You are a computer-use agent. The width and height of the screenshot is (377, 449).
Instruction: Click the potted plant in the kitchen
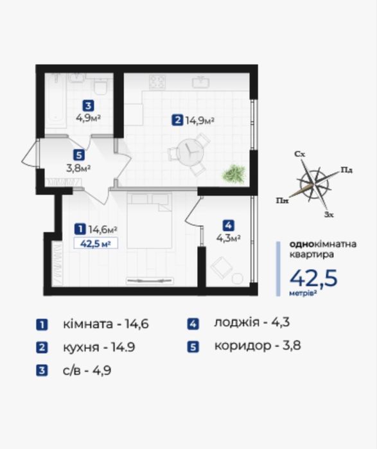[234, 174]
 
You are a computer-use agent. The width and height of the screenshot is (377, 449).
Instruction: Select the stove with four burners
[157, 82]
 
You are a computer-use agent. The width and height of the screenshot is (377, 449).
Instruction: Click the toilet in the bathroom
[100, 86]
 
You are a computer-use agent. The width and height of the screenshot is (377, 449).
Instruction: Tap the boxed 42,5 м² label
[96, 244]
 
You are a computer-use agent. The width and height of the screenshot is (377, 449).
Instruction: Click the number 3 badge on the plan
[88, 105]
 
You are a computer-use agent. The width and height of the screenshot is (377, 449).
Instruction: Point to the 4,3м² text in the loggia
[228, 238]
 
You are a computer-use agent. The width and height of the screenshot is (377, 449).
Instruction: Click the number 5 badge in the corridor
[79, 155]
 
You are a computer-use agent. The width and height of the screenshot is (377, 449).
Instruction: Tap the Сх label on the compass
[300, 154]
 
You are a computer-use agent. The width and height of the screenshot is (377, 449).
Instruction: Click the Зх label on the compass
[329, 215]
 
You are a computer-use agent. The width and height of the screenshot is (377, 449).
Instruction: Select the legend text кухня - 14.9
[99, 348]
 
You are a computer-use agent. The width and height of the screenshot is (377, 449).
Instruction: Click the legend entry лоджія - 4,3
[252, 322]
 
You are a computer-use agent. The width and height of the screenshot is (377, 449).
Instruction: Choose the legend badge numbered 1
[42, 325]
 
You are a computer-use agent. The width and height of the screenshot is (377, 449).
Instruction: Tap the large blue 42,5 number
[313, 278]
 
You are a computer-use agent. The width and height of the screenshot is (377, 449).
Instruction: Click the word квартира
[311, 254]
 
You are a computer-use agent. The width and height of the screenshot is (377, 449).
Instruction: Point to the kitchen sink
[200, 82]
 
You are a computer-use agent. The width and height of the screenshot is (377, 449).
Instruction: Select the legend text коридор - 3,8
[258, 346]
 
